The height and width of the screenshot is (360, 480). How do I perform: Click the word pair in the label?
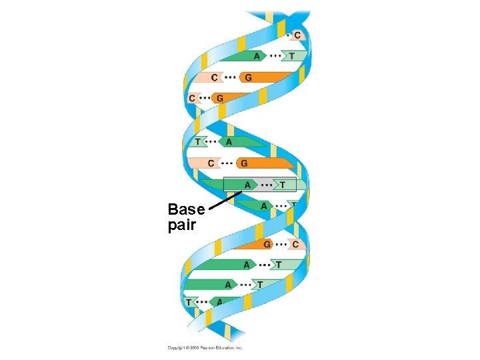point(182,225)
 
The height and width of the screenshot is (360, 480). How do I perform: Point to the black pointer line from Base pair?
point(224,201)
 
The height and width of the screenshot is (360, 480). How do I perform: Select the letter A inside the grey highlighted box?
point(248,185)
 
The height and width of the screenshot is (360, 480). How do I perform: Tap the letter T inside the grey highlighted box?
point(283,185)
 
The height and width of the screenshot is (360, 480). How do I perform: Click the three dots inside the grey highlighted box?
point(266,185)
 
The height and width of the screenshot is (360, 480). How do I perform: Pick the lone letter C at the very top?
point(296,35)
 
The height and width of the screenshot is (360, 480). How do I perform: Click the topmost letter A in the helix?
point(257,56)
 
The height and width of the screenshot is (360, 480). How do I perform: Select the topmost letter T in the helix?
point(291,56)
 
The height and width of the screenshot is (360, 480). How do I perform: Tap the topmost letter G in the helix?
point(249,77)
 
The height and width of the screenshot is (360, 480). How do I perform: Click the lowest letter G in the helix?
point(267,244)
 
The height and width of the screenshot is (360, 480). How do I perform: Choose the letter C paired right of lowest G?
point(295,244)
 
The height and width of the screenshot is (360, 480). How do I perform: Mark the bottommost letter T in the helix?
point(189,302)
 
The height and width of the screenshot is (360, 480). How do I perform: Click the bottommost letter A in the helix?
point(219,302)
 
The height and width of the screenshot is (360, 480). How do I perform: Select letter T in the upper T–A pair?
point(197,141)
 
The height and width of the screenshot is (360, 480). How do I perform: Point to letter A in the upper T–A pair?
point(229,141)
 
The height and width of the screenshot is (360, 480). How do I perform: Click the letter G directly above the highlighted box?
point(244,163)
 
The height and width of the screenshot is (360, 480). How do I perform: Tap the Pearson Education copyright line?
point(205,347)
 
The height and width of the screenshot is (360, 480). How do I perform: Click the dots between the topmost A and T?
point(274,56)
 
